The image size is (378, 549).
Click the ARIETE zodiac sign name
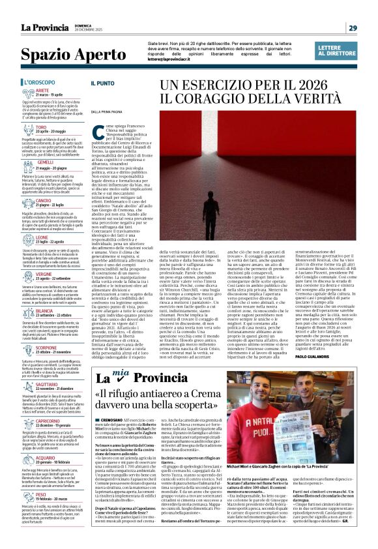pyautogui.click(x=44, y=91)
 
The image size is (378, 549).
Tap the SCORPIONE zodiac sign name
pyautogui.click(x=46, y=348)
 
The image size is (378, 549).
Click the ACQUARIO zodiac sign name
pyautogui.click(x=45, y=458)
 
